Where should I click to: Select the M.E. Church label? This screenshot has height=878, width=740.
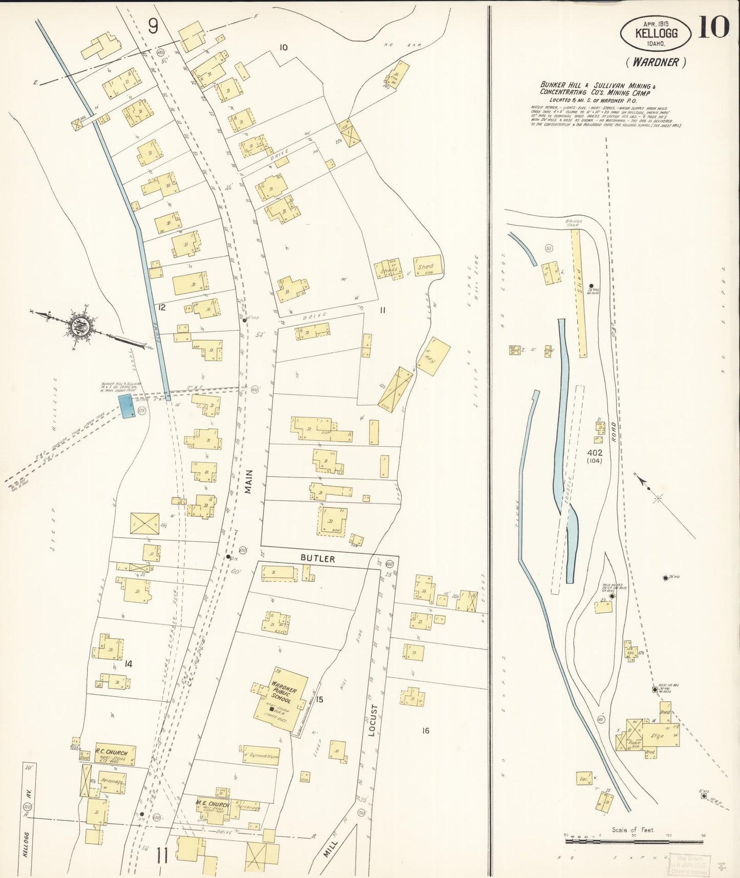tap(212, 804)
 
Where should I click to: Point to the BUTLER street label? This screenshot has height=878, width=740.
tap(318, 558)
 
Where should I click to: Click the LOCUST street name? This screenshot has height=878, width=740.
tap(373, 720)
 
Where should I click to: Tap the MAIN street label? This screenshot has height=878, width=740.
tap(248, 482)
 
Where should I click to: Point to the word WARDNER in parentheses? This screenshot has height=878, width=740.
tap(656, 62)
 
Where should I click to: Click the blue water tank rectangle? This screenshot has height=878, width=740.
tap(126, 406)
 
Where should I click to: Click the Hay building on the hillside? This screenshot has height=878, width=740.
tap(433, 357)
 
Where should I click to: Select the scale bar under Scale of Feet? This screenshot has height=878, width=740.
tap(634, 841)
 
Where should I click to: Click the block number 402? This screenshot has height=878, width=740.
tap(595, 453)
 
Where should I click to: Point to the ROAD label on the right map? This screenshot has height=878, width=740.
tap(613, 432)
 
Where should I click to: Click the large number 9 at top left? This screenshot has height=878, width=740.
tap(153, 26)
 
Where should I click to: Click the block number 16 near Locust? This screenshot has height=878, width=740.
tap(426, 730)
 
